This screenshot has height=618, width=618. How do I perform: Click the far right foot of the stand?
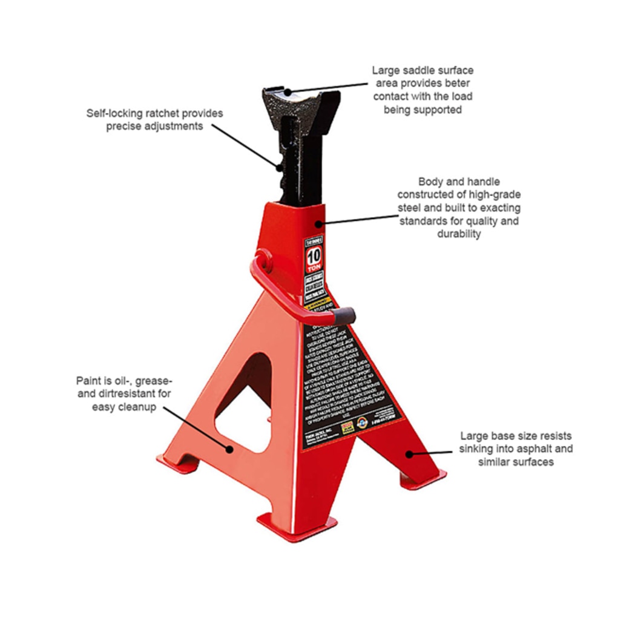(422, 478)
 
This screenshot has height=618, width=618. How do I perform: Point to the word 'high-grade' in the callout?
(495, 194)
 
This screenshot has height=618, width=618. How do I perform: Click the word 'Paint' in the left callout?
(88, 381)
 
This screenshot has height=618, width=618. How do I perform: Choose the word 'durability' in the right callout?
(459, 234)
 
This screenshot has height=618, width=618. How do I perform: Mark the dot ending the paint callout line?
(229, 449)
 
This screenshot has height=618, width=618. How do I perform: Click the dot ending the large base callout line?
(409, 453)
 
